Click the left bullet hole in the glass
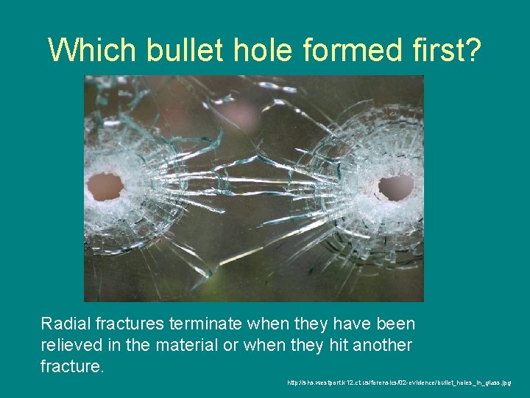(x=105, y=186)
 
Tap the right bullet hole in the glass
(x=396, y=188)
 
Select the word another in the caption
(x=382, y=345)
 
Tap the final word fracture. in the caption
(x=72, y=366)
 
